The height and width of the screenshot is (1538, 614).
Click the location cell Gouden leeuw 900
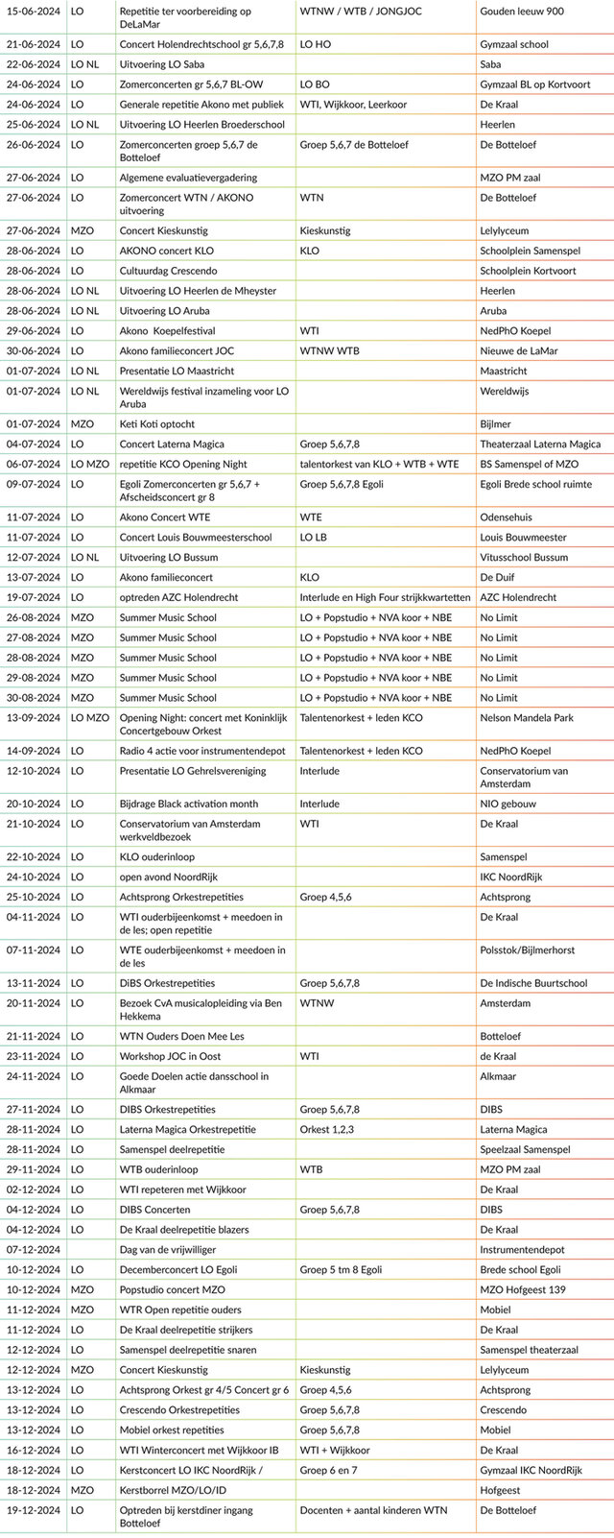pos(522,12)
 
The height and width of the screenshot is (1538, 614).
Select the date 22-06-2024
pos(34,64)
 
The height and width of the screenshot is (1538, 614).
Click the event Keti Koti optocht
pos(156,423)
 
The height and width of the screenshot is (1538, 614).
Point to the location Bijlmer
pos(496,423)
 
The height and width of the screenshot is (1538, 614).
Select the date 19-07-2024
pos(34,597)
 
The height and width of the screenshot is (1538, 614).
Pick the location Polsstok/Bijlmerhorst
pos(528,949)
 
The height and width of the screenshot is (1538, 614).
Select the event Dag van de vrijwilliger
pos(167,1249)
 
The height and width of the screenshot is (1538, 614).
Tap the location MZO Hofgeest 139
pos(523,1289)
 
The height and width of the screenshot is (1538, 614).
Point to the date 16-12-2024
pos(34,1450)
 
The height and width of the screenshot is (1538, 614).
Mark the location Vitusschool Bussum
pos(525,557)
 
